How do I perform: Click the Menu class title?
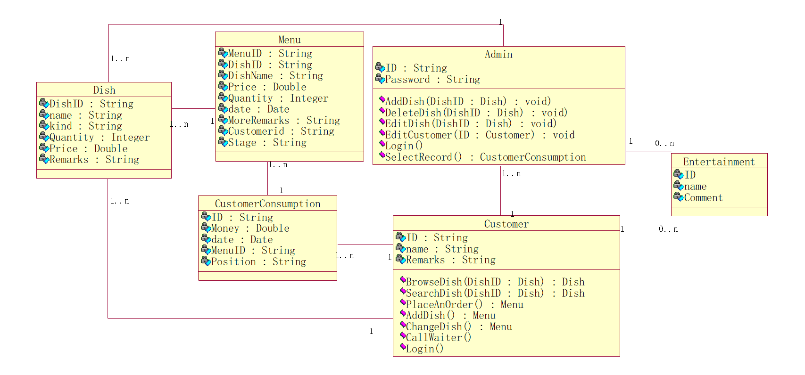289,40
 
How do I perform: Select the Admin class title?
498,54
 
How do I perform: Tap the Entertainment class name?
719,162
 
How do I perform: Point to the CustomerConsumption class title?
268,204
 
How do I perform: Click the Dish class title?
104,90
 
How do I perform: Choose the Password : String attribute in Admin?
432,79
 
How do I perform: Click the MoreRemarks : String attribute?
284,120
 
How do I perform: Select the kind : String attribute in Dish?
85,126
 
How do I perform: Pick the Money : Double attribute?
250,228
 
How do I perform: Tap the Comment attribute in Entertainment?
703,198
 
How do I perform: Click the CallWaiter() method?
439,337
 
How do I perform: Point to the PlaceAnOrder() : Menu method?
465,305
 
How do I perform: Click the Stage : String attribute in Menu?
267,142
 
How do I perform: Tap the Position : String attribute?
258,261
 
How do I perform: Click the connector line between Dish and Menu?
193,108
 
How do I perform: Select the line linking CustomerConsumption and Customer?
365,245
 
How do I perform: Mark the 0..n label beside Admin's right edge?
664,144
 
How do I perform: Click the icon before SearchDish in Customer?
403,291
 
